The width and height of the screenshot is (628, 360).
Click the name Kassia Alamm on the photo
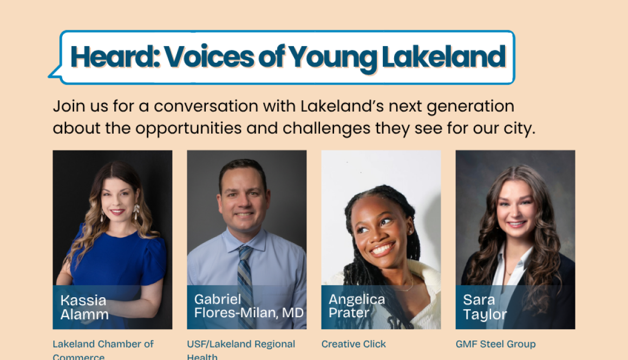coord(84,307)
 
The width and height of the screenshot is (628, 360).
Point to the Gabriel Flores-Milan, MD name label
coord(248,306)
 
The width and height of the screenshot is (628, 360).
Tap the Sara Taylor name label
coord(485,307)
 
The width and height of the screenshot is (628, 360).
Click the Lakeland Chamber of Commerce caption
coord(103,350)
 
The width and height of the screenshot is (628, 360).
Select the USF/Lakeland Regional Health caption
coord(241,350)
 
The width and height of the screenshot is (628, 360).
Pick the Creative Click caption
coord(354,344)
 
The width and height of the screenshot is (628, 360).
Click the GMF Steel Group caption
coord(495,344)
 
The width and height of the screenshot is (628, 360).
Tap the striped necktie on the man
coord(246,276)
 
